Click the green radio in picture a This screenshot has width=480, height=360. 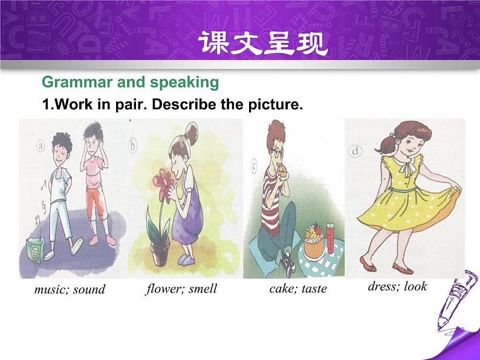34,250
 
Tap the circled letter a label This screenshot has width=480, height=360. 41,146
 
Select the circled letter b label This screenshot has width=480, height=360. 132,146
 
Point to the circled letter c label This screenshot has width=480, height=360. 254,166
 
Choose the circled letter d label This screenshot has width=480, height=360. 355,151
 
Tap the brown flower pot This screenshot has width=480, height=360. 160,252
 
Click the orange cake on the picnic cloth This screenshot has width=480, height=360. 314,242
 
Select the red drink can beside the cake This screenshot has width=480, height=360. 330,239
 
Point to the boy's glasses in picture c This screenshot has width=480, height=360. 277,153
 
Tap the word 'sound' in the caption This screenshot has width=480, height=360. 89,289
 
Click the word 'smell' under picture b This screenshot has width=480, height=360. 203,289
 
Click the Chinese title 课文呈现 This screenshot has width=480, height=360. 263,43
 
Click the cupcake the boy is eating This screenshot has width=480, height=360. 282,172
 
